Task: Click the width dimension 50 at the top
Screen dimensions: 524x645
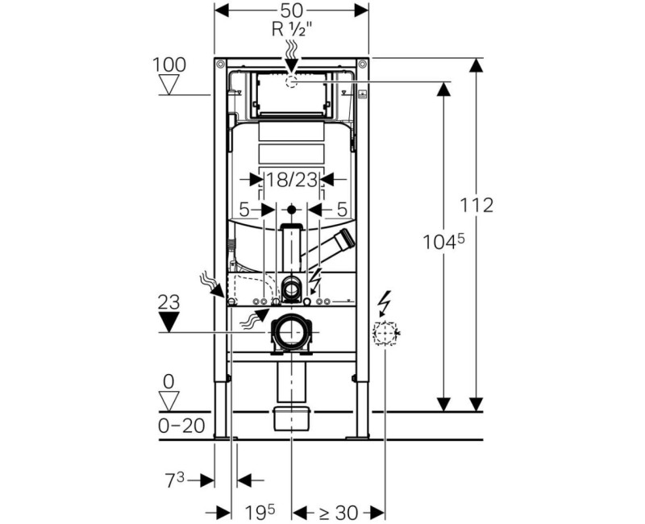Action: click(x=291, y=11)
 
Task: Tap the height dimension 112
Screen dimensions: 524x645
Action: click(x=477, y=206)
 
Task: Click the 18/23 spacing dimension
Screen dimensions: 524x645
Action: click(x=291, y=180)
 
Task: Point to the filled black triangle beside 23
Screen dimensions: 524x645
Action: click(x=169, y=322)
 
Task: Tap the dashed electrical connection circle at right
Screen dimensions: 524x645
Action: click(x=385, y=333)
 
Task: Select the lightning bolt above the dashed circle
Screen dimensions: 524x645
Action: click(x=384, y=303)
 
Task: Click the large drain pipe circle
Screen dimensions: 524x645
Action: click(x=290, y=331)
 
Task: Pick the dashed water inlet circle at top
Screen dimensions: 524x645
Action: click(x=292, y=81)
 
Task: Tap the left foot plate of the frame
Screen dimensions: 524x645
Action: click(x=223, y=436)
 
